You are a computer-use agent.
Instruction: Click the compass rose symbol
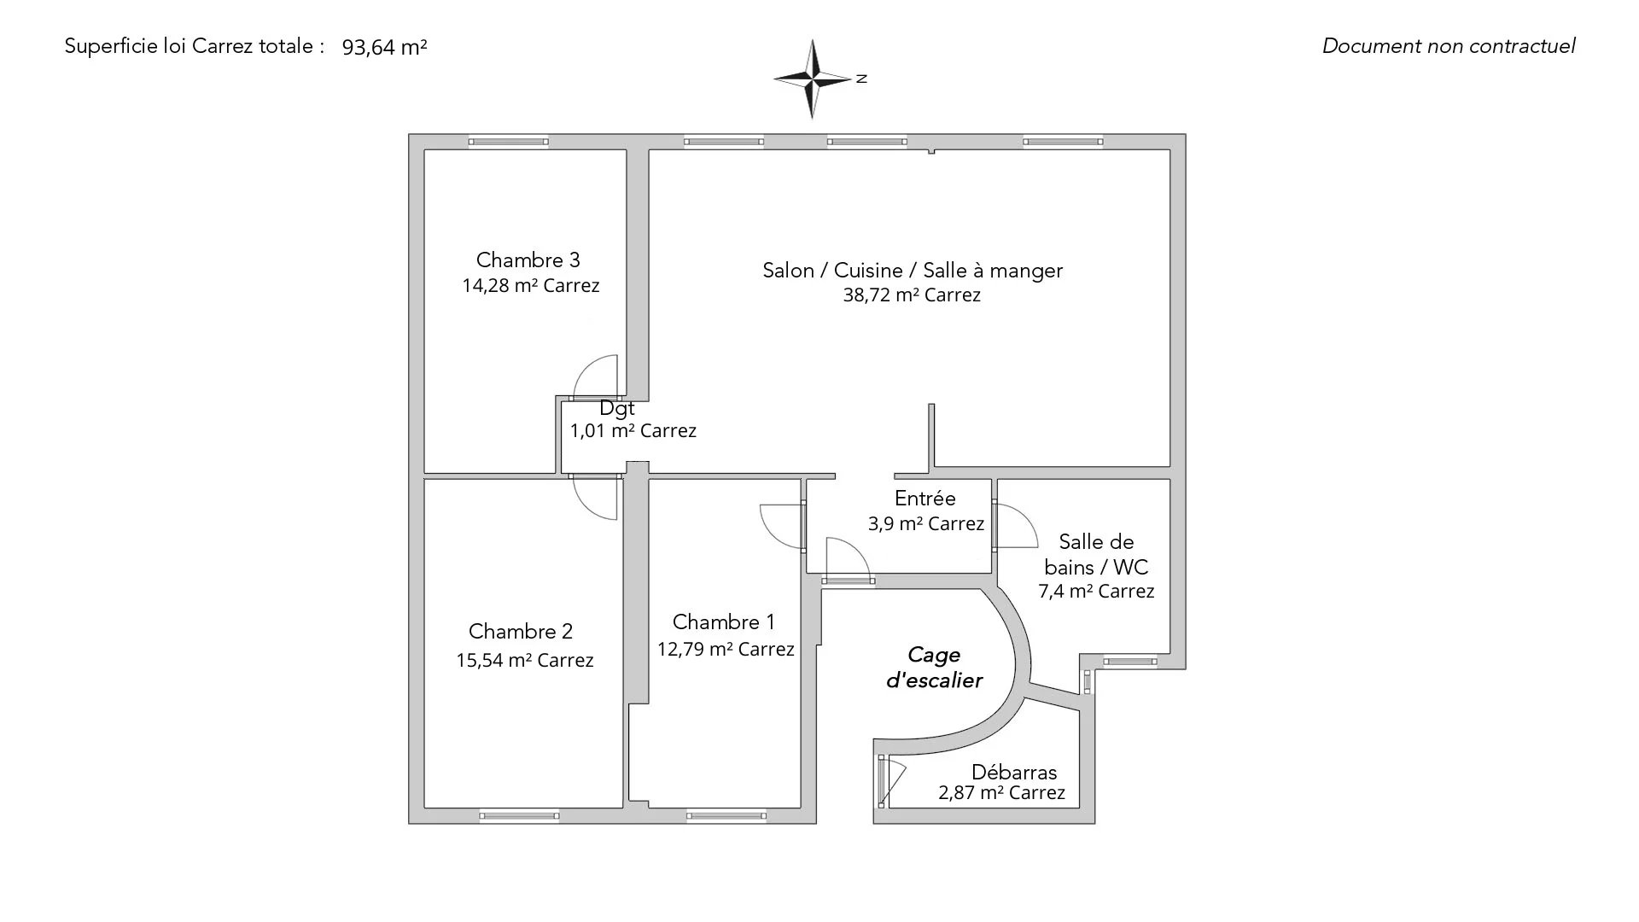tap(813, 79)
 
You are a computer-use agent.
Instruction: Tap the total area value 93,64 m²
tap(384, 47)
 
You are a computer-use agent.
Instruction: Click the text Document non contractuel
tap(1449, 46)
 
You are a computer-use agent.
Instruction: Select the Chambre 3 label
tap(528, 260)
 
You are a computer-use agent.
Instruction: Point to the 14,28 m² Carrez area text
tap(530, 286)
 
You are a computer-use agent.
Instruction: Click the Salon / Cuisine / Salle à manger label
tap(912, 271)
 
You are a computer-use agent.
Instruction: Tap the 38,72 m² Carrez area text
tap(912, 295)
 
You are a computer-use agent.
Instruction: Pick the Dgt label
tap(616, 408)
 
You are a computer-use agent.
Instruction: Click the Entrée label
tap(924, 499)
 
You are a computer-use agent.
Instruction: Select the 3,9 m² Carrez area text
tap(925, 523)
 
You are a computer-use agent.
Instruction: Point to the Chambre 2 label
tap(520, 632)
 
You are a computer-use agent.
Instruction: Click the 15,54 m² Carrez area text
tap(524, 660)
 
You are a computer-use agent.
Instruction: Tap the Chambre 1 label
tap(723, 622)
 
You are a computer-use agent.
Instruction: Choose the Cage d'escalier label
tap(933, 668)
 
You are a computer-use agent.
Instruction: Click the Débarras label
tap(1013, 772)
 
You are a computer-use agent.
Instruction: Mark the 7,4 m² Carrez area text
tap(1096, 591)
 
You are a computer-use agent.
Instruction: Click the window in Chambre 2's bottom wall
tap(519, 816)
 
